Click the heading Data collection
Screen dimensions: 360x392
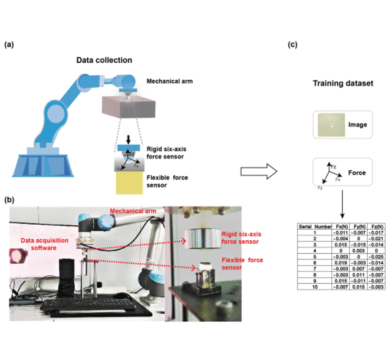tap(104, 60)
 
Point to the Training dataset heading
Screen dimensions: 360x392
tap(343, 84)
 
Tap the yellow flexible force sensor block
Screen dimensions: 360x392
tap(129, 183)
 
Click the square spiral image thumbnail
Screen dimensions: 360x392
tap(331, 125)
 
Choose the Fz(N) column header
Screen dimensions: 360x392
tap(377, 226)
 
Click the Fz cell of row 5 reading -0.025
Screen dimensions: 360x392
tap(377, 256)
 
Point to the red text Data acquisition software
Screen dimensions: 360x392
tap(44, 244)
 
